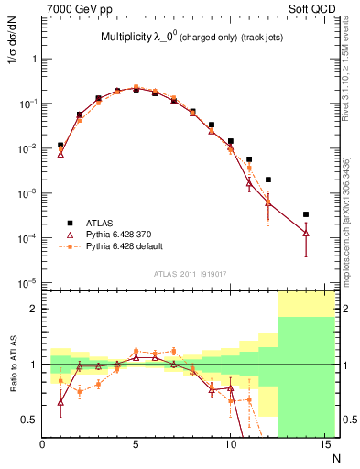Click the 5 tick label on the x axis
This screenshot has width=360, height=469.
point(136,445)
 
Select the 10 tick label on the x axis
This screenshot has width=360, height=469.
point(230,445)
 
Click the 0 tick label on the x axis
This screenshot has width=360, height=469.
point(43,445)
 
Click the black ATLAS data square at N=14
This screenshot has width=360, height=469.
point(305,214)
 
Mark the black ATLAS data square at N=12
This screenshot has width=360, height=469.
point(267,180)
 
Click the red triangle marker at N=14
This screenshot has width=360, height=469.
point(305,234)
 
